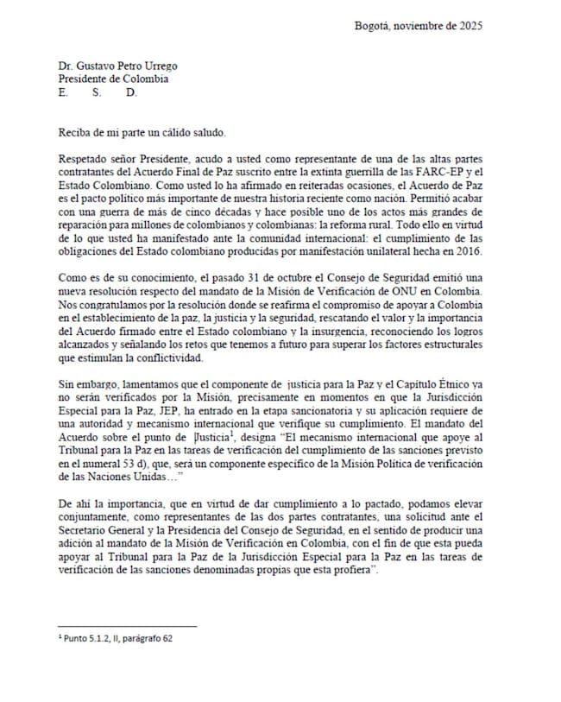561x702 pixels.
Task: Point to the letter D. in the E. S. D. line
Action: point(131,93)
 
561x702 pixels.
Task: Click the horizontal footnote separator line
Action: point(127,627)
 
